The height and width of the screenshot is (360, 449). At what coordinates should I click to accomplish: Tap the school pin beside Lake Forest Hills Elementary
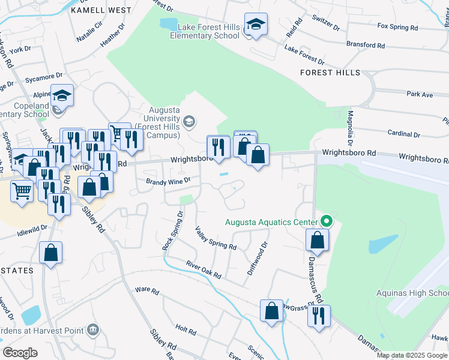pyautogui.click(x=256, y=25)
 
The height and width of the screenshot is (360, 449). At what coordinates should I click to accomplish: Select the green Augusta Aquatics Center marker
pyautogui.click(x=326, y=221)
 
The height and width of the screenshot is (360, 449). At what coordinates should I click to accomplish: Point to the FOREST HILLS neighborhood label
pyautogui.click(x=331, y=73)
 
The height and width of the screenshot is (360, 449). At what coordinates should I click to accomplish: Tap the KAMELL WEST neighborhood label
pyautogui.click(x=101, y=10)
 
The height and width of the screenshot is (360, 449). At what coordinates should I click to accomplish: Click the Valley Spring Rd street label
pyautogui.click(x=215, y=238)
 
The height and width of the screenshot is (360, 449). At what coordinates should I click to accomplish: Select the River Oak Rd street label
pyautogui.click(x=203, y=269)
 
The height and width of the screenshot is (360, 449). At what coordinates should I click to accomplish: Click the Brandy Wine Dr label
pyautogui.click(x=168, y=180)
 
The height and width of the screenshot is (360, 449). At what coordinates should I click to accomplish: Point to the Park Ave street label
pyautogui.click(x=420, y=94)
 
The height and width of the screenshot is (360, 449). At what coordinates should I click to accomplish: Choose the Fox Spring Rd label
pyautogui.click(x=397, y=27)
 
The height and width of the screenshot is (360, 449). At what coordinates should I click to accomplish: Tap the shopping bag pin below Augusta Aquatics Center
pyautogui.click(x=317, y=240)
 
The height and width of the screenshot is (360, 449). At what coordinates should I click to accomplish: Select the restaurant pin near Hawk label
pyautogui.click(x=319, y=315)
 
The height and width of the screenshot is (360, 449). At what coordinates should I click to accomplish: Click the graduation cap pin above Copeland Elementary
pyautogui.click(x=62, y=95)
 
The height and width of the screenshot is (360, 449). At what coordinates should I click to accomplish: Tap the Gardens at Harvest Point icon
pyautogui.click(x=92, y=329)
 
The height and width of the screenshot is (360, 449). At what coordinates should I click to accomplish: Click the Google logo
pyautogui.click(x=20, y=353)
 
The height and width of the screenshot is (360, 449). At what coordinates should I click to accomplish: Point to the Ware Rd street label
pyautogui.click(x=147, y=291)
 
